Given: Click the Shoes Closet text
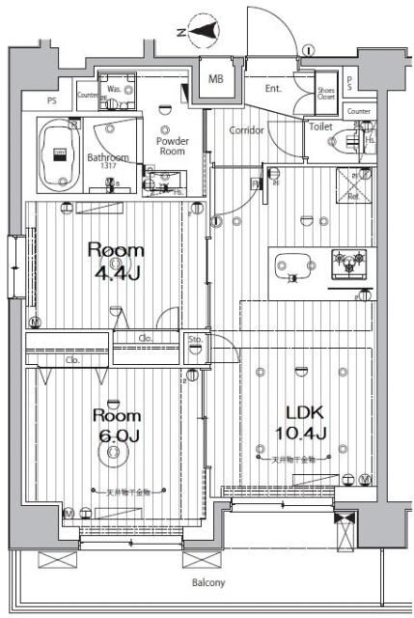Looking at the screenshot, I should pos(327,93).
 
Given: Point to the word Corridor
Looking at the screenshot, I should pos(246,129).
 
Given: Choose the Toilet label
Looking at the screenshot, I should pos(321,126).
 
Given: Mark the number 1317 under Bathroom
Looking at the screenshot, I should pos(109,168).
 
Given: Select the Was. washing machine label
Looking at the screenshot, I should pos(114,90).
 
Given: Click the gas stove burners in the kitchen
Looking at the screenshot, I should pos(348,261).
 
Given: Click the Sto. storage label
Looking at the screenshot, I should pos(195,339).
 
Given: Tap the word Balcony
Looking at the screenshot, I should pos(207,582).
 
